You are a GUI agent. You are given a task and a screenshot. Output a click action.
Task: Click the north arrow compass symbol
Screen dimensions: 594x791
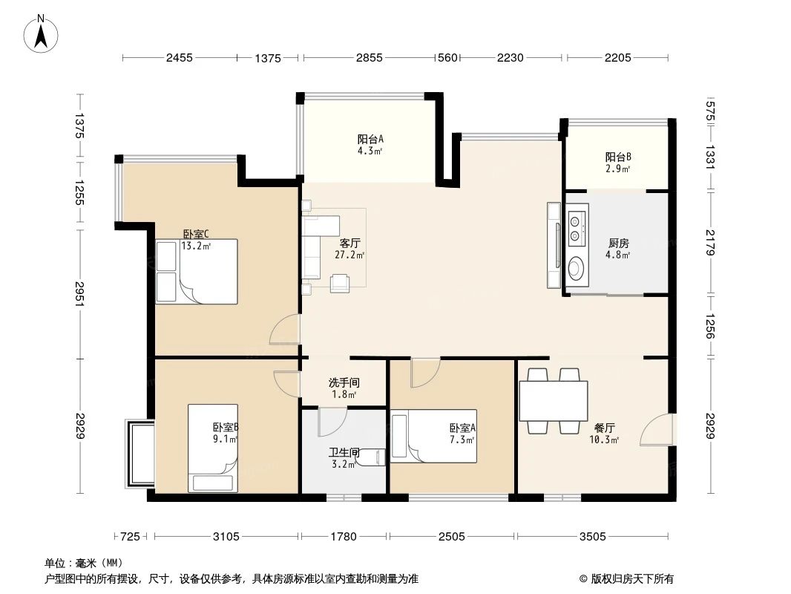(42, 33)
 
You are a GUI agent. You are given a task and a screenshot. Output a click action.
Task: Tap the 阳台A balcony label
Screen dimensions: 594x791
(370, 144)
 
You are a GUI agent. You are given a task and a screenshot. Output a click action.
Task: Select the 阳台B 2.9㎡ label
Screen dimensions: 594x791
(617, 163)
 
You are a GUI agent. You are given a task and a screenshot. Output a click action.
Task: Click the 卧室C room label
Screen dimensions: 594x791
(197, 239)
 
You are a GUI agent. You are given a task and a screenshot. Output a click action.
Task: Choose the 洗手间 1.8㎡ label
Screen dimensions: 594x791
(344, 388)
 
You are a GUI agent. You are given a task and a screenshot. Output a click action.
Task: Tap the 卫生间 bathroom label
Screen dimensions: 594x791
(344, 457)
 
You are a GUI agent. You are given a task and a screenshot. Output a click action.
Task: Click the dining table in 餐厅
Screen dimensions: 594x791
(554, 401)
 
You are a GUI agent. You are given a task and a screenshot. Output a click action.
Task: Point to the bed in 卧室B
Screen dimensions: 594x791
(213, 448)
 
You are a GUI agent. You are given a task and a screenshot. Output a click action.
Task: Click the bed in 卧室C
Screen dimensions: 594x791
(197, 271)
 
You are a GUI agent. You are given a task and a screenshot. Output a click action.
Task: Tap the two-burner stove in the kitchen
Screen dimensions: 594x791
(577, 228)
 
